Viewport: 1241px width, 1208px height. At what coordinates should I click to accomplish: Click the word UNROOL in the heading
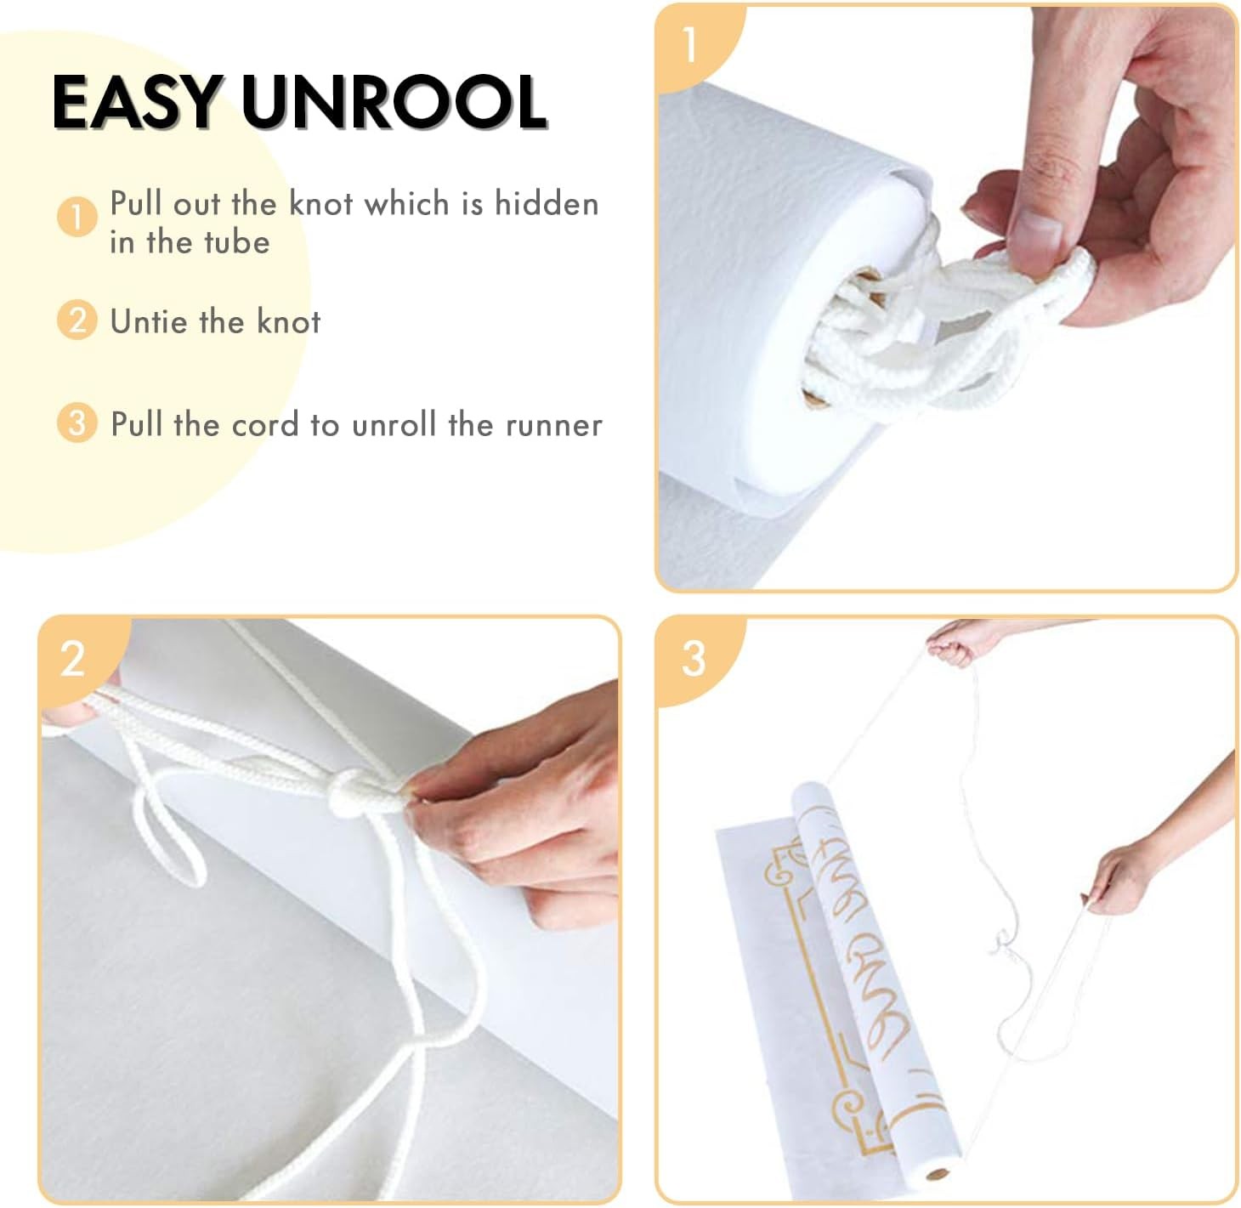pyautogui.click(x=394, y=103)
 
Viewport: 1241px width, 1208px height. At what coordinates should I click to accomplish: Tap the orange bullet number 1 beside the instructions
pyautogui.click(x=76, y=217)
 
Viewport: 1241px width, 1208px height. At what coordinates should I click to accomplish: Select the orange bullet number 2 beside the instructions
pyautogui.click(x=76, y=321)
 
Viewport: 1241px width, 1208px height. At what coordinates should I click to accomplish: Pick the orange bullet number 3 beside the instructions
pyautogui.click(x=76, y=423)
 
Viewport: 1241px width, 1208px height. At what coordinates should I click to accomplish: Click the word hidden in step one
pyautogui.click(x=547, y=204)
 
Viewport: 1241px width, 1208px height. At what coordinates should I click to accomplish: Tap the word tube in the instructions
pyautogui.click(x=235, y=242)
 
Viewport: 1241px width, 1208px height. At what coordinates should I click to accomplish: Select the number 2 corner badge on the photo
pyautogui.click(x=73, y=658)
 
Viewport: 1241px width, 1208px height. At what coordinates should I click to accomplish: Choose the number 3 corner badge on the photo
pyautogui.click(x=694, y=658)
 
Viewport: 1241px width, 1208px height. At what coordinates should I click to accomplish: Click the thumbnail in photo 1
pyautogui.click(x=1038, y=230)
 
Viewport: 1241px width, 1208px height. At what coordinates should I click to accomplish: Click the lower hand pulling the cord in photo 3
pyautogui.click(x=1118, y=880)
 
